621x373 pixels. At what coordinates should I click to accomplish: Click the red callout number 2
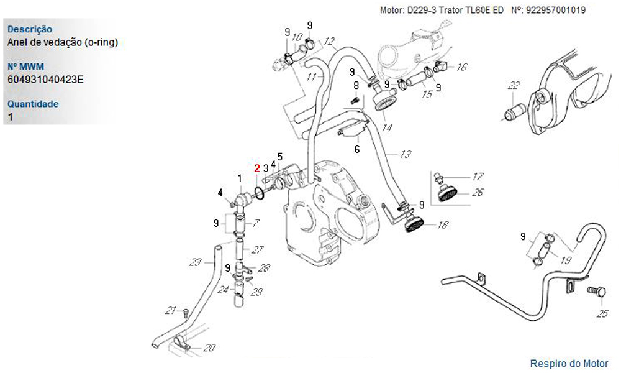[256, 168]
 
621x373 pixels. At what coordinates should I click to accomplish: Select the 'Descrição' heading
[29, 29]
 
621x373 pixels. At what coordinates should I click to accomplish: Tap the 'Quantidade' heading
[34, 104]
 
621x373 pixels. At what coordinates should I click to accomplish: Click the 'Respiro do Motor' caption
[569, 363]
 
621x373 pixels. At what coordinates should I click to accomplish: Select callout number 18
[441, 225]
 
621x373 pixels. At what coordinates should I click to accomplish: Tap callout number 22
[514, 85]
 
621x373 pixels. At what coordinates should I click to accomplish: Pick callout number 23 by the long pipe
[196, 261]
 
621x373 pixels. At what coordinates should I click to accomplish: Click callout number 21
[171, 310]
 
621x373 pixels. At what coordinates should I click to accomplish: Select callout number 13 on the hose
[406, 154]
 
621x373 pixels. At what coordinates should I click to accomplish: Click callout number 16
[461, 67]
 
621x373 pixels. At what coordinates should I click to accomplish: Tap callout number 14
[387, 128]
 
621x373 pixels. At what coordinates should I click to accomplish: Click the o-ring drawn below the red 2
[261, 195]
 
